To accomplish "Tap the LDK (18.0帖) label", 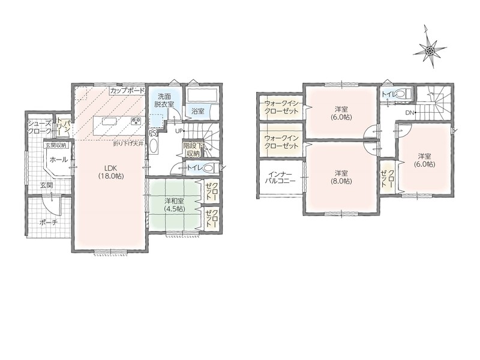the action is coord(111,172).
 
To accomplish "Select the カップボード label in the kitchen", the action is coord(127,91).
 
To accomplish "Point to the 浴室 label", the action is coord(198,111).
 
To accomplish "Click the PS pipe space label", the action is coord(152,133).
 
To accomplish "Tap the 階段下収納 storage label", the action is coord(191,148).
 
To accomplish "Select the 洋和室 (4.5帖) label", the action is coord(174,205).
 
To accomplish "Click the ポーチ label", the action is coord(49,223).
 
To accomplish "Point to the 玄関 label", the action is coord(46,185).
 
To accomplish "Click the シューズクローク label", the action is coord(40,127).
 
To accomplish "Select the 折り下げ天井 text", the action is coord(128,143).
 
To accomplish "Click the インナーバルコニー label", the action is coord(280,177).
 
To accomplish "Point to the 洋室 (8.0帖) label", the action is coord(341,177).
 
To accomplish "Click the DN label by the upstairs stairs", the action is coord(410,113).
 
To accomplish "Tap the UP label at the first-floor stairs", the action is coord(179,131).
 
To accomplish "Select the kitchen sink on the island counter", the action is coord(109,122).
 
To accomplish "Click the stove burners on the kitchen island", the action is coord(136,121).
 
